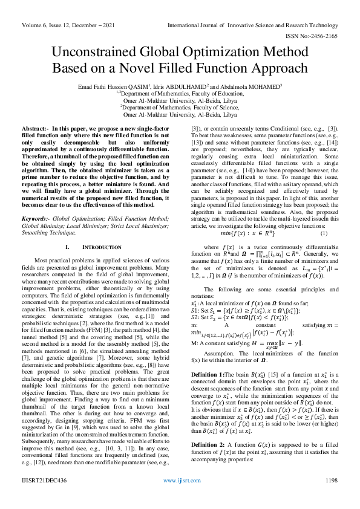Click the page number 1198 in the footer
(331, 497)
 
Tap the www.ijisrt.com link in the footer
(180, 497)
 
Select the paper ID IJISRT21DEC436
(44, 497)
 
